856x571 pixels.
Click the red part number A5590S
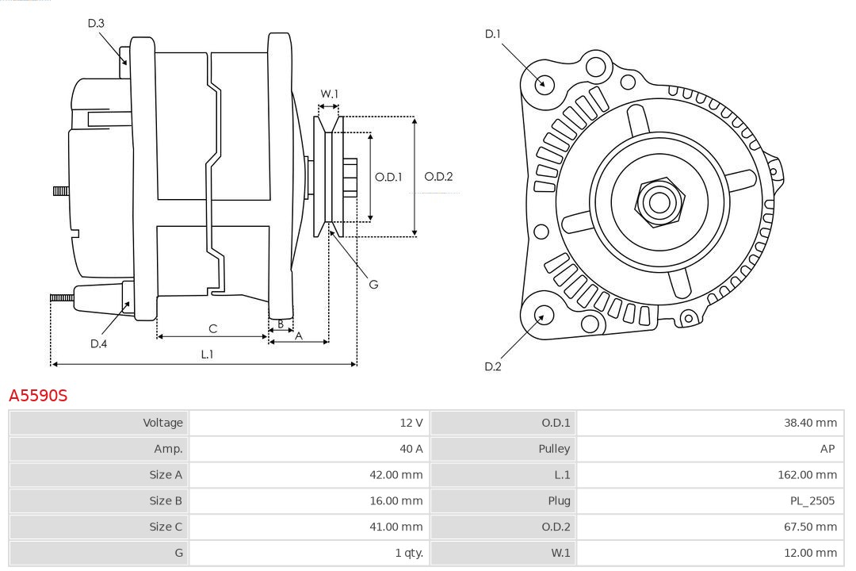(x=38, y=395)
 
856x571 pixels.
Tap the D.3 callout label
(x=96, y=23)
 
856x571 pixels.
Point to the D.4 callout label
(x=98, y=343)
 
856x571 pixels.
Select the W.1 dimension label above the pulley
(x=329, y=94)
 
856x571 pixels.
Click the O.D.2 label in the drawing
(x=438, y=177)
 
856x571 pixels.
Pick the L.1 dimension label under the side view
(x=206, y=354)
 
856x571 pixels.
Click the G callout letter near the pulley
(x=374, y=284)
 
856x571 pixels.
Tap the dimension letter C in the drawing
(x=212, y=328)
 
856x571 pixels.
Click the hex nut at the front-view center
(x=659, y=201)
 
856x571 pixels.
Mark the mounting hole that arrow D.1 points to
(x=545, y=83)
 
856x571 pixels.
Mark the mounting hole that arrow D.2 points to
(x=543, y=316)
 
